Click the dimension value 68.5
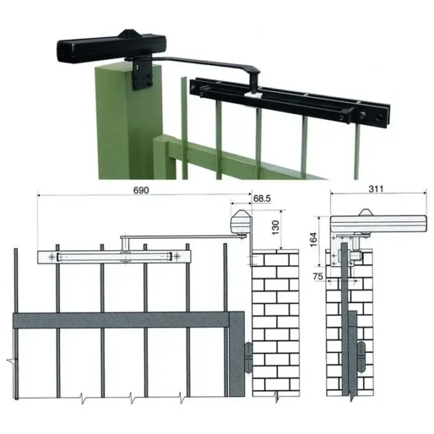click(x=262, y=197)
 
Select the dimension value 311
click(x=375, y=190)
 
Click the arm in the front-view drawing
click(x=181, y=236)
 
